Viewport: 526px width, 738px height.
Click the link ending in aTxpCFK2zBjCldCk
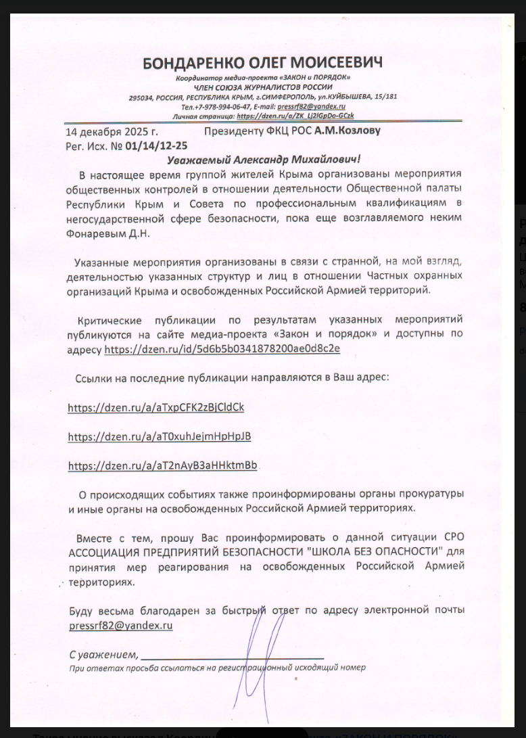156,407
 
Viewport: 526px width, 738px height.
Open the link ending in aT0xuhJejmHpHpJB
160,436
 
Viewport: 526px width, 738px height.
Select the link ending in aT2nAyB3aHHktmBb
163,465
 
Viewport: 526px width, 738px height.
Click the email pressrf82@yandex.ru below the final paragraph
120,626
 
